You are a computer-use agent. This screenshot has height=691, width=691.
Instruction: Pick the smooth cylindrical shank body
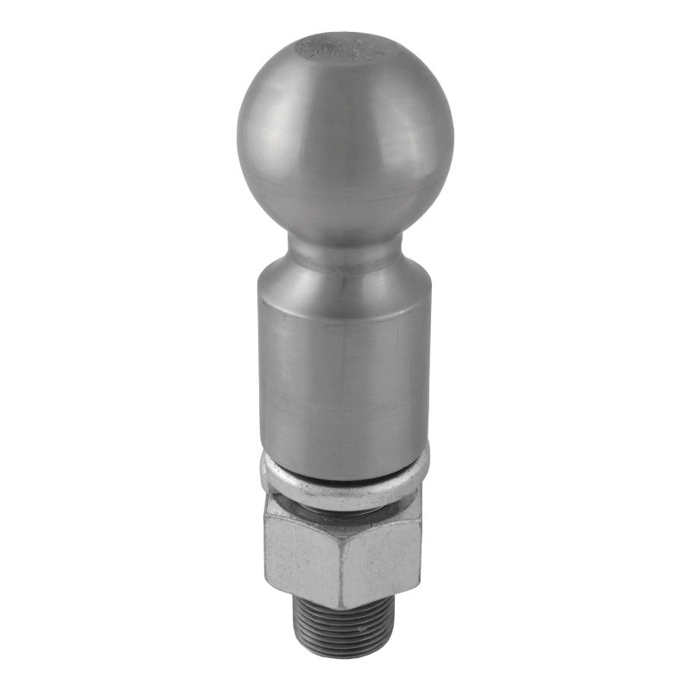(343, 371)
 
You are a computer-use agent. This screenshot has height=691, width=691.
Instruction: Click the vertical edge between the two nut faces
(342, 561)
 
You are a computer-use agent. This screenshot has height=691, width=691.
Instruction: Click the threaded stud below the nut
(345, 631)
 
